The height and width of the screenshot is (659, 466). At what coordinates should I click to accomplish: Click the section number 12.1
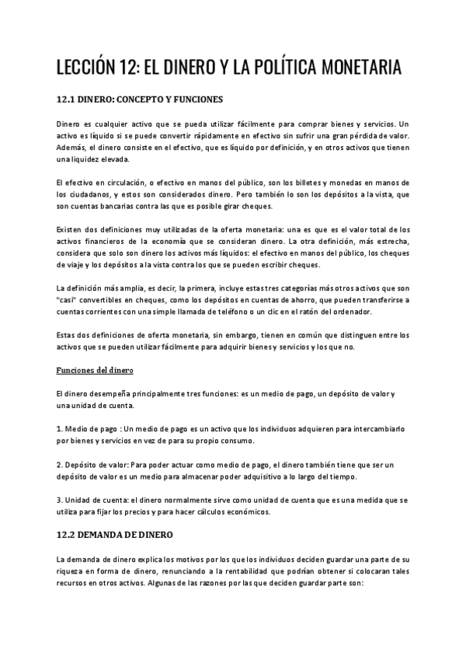click(68, 100)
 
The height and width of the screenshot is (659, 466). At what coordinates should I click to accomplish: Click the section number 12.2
click(68, 535)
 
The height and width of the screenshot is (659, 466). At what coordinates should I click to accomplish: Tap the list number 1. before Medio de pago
click(61, 429)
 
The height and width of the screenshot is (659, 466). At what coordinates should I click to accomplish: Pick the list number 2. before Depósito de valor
click(61, 463)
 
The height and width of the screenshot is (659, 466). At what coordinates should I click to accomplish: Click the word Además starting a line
click(73, 148)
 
